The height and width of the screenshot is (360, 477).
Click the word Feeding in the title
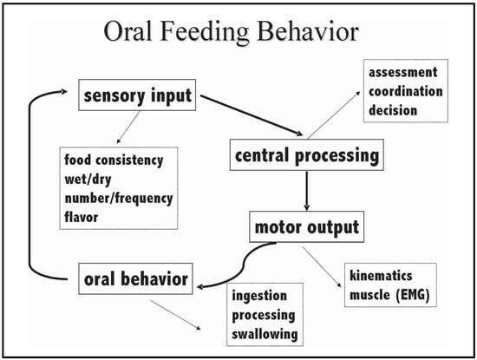point(203,32)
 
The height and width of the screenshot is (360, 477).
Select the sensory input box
point(137,95)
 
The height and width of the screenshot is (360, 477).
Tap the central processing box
point(307,155)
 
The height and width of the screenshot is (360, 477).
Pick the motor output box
point(307,226)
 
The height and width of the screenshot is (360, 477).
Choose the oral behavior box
point(135,278)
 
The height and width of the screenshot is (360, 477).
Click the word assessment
point(403,72)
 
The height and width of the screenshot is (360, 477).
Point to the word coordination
point(406,91)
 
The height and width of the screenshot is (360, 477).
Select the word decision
point(393,110)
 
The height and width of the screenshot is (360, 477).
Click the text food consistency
point(114,160)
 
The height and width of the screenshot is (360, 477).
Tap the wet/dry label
point(88,180)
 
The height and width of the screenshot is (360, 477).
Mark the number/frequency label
point(119,199)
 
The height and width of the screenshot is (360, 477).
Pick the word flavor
point(82,217)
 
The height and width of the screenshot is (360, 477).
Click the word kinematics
point(381,275)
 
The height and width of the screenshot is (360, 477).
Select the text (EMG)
point(413,295)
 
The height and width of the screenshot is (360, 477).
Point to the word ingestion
point(259,296)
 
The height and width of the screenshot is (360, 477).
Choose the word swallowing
point(265,334)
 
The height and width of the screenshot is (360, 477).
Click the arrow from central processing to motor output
point(307,191)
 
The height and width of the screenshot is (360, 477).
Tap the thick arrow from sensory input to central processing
point(252,115)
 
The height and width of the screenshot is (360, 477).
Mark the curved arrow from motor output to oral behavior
point(244,265)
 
